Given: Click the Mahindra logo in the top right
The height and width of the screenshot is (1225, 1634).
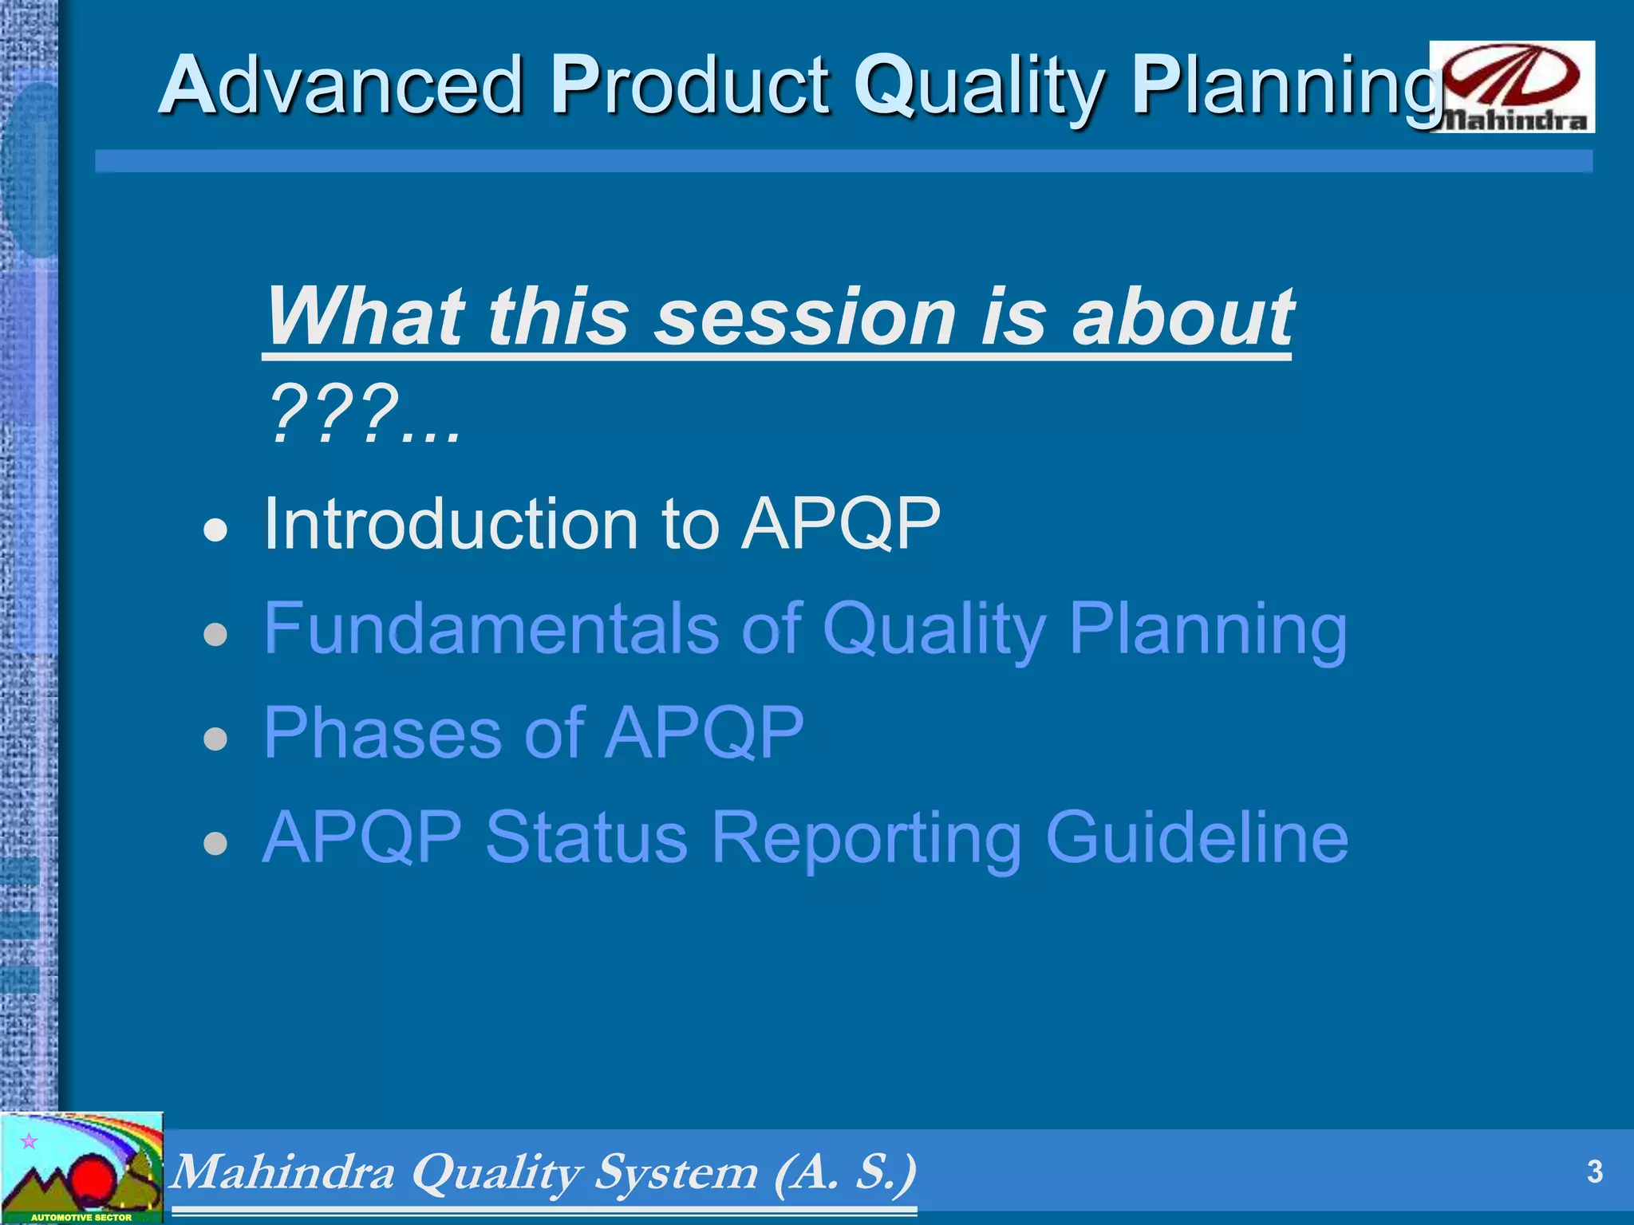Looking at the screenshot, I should coord(1512,86).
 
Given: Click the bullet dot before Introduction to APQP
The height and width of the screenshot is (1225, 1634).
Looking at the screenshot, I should coord(215,529).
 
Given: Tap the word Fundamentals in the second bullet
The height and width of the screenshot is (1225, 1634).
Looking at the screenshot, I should coord(491,628).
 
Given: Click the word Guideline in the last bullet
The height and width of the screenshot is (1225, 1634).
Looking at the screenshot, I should coord(1197,837).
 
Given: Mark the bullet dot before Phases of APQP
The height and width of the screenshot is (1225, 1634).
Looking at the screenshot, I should coord(215,738).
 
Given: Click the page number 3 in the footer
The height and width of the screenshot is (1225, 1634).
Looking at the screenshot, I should coord(1594,1172).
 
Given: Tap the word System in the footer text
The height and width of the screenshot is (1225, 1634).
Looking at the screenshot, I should coord(677,1172).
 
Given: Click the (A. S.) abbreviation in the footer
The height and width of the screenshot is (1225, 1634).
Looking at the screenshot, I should coord(846,1172).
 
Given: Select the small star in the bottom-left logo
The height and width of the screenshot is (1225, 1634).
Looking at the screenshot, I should coord(29,1141).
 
